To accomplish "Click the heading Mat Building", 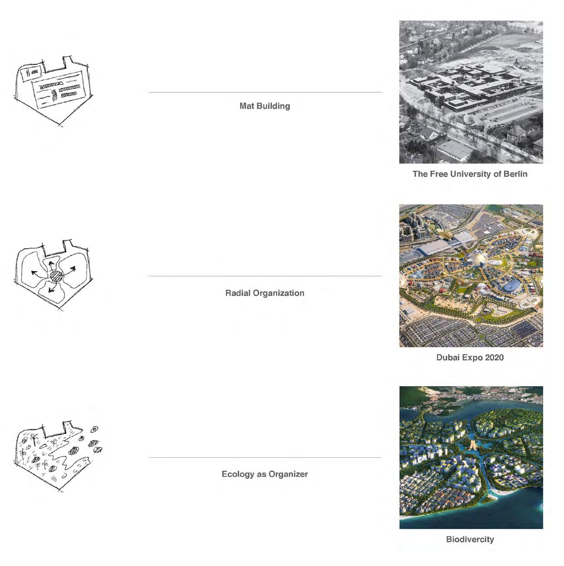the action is (264, 106).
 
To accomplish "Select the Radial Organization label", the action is (264, 293).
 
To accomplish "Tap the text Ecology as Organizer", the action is (264, 474).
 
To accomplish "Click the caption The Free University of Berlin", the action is (470, 174).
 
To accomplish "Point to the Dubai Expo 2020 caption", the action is (470, 357).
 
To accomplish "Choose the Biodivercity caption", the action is (470, 539).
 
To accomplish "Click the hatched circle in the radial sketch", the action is (56, 276).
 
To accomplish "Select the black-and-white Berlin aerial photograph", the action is (471, 92).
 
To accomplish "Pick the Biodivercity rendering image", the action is (471, 457).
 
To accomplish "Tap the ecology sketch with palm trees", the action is (58, 457).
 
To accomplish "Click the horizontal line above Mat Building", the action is (265, 92).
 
